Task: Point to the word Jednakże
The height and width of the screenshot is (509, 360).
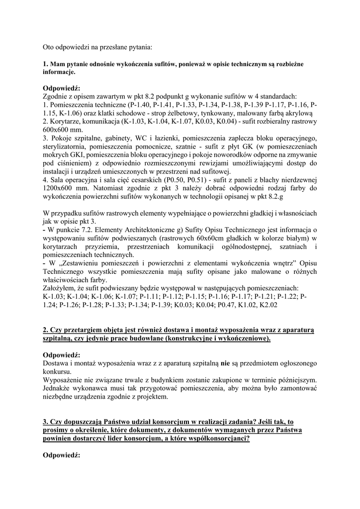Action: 59,388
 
